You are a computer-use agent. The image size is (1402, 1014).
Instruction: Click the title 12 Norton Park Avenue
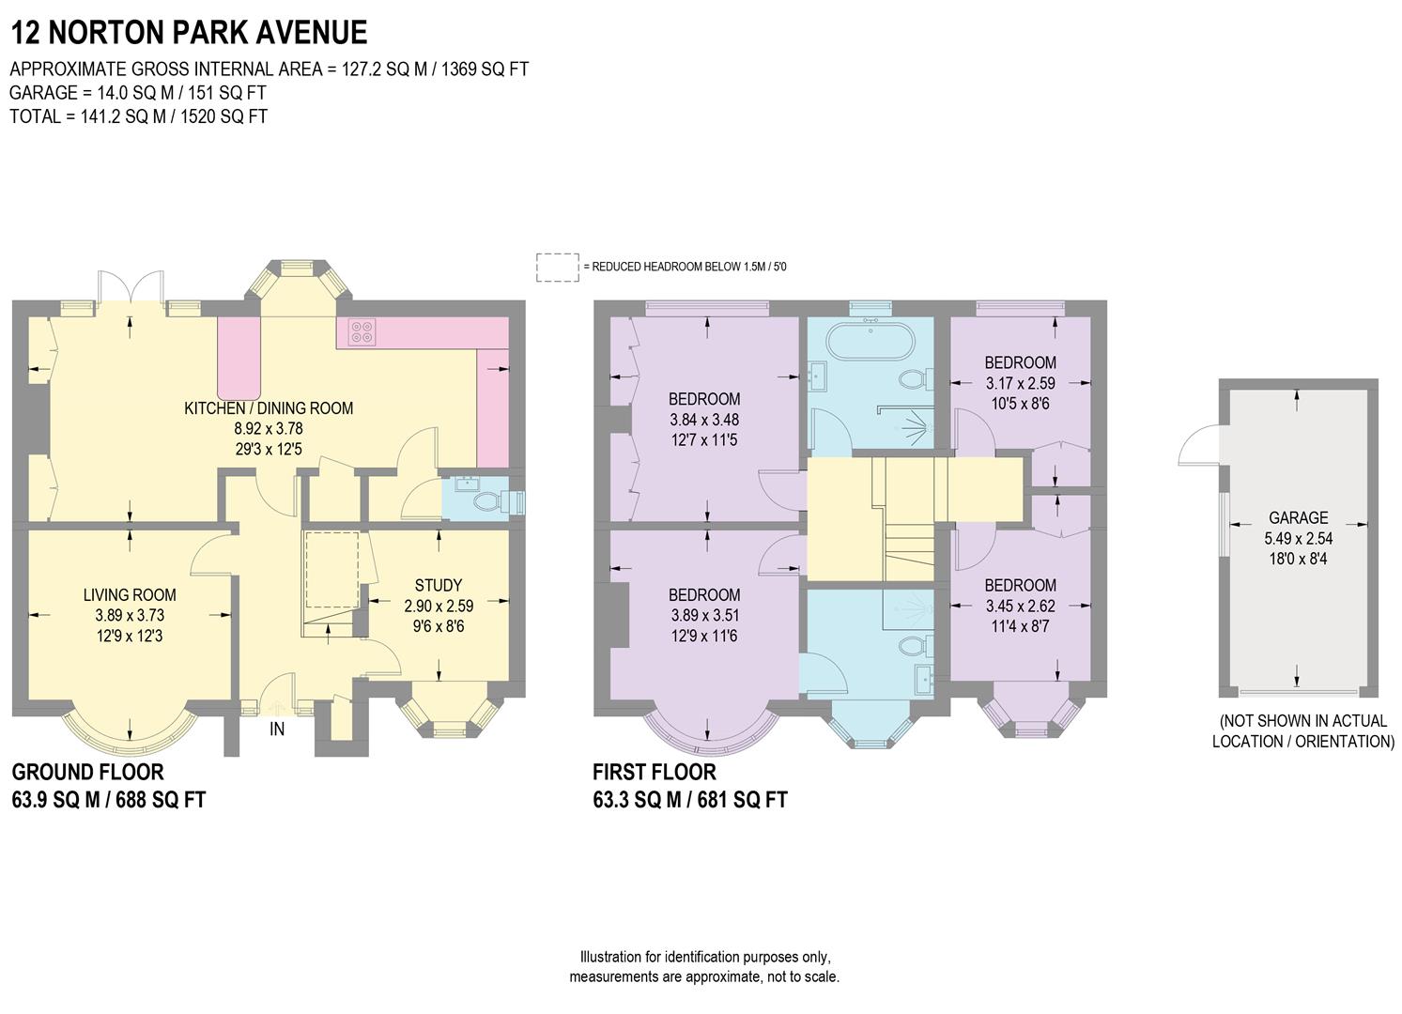[x=188, y=32]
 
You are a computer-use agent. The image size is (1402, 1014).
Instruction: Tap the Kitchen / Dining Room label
[x=269, y=408]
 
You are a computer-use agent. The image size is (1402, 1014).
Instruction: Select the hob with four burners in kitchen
[x=363, y=330]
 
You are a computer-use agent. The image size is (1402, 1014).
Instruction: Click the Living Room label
[x=130, y=595]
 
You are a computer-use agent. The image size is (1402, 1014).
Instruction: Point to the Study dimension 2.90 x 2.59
[x=439, y=606]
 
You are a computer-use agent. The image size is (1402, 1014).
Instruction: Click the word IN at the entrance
[x=277, y=729]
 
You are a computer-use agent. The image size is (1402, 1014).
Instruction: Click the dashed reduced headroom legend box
[x=558, y=267]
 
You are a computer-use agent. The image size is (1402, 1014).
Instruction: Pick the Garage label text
[x=1298, y=518]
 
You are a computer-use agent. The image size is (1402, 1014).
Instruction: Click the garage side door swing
[x=1197, y=446]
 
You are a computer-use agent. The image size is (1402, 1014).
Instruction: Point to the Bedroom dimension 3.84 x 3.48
[x=703, y=420]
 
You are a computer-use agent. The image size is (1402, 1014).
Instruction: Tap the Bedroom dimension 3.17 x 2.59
[x=1020, y=383]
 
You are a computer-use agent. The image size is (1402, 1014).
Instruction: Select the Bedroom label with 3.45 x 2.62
[x=1020, y=585]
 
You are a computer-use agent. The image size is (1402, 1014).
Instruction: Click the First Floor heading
[x=654, y=773]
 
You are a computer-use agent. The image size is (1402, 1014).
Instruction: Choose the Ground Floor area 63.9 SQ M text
[x=108, y=800]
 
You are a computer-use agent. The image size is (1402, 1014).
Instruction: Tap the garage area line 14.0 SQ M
[x=137, y=93]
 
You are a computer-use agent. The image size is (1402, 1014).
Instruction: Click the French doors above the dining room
[x=131, y=286]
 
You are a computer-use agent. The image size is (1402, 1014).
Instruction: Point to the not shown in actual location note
[x=1302, y=731]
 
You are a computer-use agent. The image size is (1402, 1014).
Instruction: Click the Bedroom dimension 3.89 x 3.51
[x=703, y=616]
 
